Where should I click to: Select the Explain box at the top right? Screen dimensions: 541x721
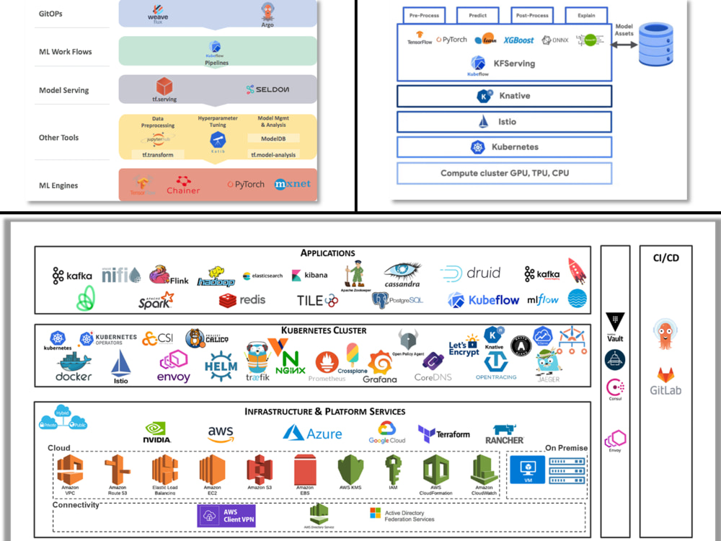(585, 15)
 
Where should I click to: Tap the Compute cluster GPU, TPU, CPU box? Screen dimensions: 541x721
(504, 173)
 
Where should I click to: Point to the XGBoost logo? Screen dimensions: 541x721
(519, 40)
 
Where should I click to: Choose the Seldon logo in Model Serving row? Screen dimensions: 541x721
(267, 89)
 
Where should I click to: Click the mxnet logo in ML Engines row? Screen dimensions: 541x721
(293, 184)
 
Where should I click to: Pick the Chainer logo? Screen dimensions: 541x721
(182, 185)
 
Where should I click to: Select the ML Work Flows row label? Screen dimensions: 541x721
(66, 52)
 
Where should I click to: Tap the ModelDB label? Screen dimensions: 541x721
(273, 138)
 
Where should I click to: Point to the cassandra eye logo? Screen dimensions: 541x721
(402, 275)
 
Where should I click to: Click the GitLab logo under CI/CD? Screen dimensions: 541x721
(666, 382)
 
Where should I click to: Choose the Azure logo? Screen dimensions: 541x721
(312, 433)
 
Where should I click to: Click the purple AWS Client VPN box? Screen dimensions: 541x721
(226, 516)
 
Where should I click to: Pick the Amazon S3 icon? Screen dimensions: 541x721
(260, 473)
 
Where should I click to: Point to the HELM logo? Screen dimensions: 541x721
(220, 366)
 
